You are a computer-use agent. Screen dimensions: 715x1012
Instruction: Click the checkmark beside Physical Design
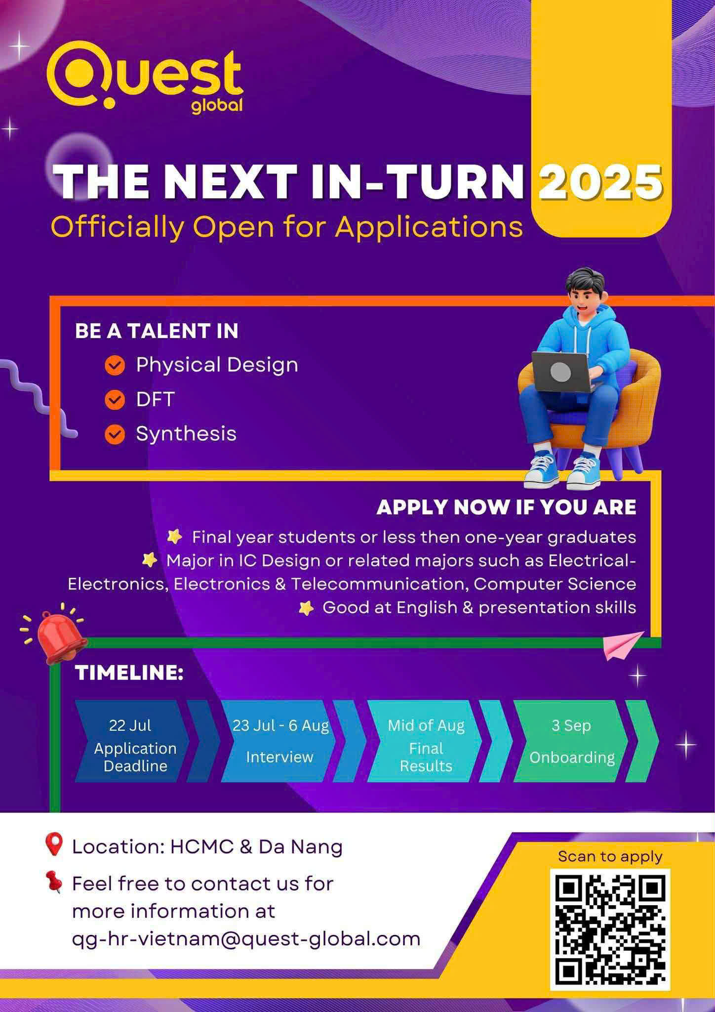point(115,365)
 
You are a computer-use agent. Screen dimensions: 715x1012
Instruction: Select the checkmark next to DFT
point(115,400)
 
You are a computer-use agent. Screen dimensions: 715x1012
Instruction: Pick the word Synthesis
point(186,434)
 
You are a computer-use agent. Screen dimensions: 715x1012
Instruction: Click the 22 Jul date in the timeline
point(130,725)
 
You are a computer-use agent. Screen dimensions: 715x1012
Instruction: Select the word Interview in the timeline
point(279,757)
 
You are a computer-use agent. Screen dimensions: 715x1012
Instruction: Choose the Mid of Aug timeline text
point(426,725)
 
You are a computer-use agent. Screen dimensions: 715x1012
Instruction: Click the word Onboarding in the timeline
point(572,758)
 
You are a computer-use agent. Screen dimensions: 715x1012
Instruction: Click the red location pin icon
point(54,844)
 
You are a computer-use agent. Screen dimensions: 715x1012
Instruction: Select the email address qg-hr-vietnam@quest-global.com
point(246,939)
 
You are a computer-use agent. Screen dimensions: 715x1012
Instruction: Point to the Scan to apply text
point(610,856)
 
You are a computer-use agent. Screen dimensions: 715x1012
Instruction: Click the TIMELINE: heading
point(129,673)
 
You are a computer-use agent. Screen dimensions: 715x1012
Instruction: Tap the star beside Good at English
point(306,608)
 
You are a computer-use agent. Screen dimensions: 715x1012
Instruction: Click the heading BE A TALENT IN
point(157,331)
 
